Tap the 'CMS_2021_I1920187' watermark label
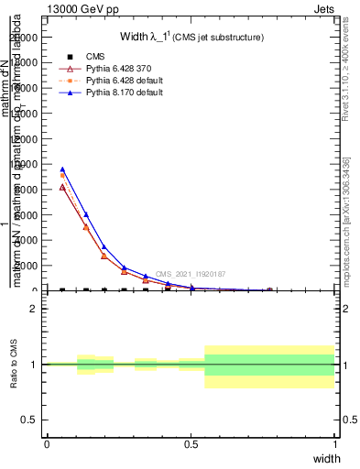coord(190,274)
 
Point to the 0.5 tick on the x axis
coord(191,443)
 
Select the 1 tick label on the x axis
coord(335,443)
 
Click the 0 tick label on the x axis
coord(47,443)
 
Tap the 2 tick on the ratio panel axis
coord(34,309)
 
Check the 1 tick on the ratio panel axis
coord(34,365)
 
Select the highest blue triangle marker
coord(62,169)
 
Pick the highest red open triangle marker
coord(62,186)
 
